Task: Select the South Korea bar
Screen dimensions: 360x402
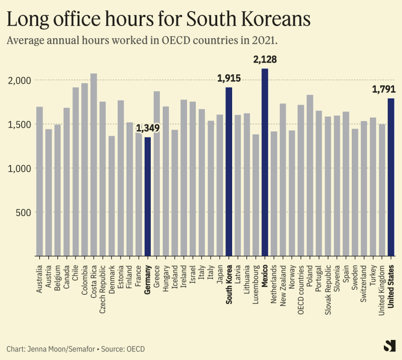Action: pos(229,171)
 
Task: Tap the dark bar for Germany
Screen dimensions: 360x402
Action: pos(148,196)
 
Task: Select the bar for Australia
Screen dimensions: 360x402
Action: pos(39,181)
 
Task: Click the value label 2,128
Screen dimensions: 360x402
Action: pos(265,60)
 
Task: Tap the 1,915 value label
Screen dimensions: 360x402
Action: pos(229,78)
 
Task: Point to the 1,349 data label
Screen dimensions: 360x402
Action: pos(148,128)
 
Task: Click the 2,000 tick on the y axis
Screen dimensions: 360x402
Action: pos(21,80)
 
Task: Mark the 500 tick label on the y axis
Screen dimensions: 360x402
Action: pos(24,212)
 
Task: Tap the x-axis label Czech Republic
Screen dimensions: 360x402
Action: pos(103,289)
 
